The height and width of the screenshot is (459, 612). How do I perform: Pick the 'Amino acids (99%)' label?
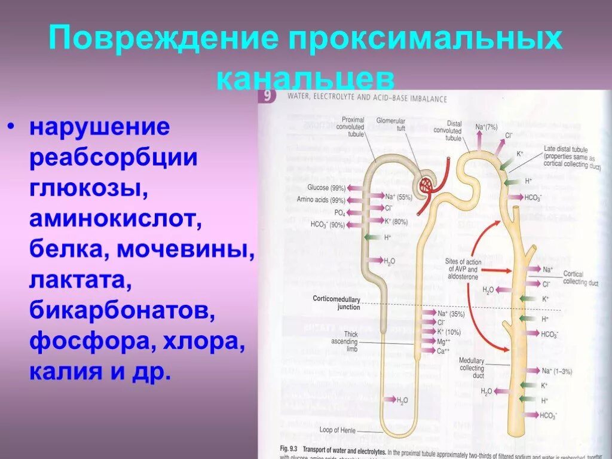(321, 200)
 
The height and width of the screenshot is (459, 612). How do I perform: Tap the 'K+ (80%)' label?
(396, 221)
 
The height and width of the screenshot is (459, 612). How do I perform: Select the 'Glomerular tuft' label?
(390, 124)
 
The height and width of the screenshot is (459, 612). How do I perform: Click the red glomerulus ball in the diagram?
(428, 185)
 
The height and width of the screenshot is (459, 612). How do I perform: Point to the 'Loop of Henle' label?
(338, 430)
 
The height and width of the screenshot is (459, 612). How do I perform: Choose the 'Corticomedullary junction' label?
(336, 302)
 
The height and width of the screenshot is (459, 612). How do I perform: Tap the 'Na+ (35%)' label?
(451, 313)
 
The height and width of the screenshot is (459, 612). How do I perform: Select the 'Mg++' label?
(443, 341)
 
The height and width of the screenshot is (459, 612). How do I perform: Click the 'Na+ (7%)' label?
(486, 127)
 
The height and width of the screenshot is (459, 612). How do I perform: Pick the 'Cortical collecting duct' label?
(576, 278)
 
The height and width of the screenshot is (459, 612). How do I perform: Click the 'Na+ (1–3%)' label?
(556, 371)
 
